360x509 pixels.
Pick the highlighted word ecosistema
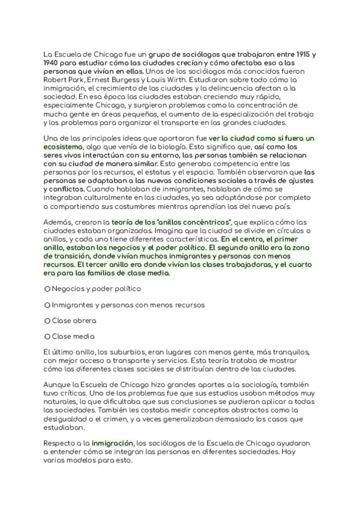pyautogui.click(x=68, y=146)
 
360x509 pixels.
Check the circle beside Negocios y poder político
pyautogui.click(x=47, y=289)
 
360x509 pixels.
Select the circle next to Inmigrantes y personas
pyautogui.click(x=47, y=305)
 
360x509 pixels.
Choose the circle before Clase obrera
pyautogui.click(x=47, y=321)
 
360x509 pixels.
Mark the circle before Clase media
pyautogui.click(x=47, y=337)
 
